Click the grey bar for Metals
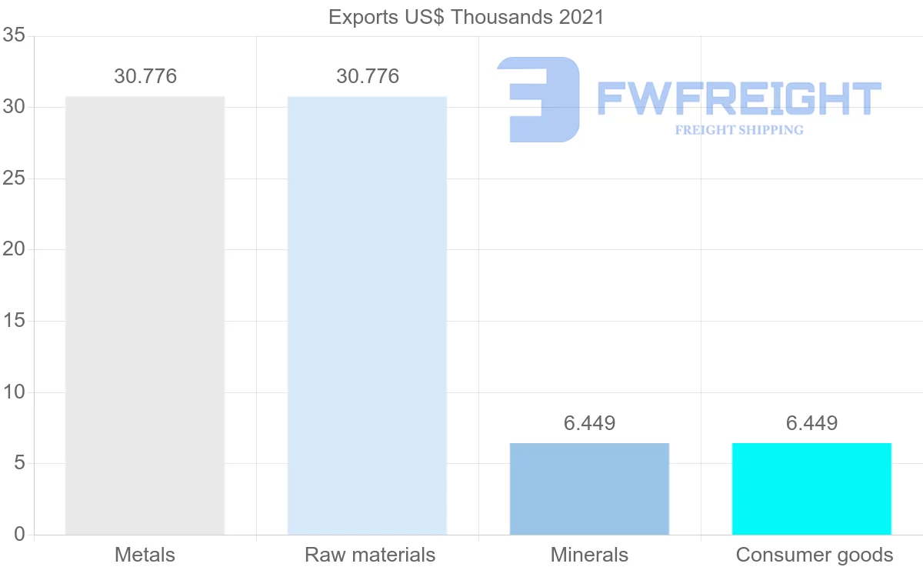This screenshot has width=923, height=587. (x=145, y=315)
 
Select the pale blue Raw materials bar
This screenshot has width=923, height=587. (x=367, y=315)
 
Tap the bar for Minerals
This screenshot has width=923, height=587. (x=589, y=489)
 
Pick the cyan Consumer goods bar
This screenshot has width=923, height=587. (x=811, y=489)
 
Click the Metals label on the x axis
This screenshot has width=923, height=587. (x=145, y=555)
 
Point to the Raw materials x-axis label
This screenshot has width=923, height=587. (x=370, y=555)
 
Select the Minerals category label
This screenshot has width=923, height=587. (x=589, y=555)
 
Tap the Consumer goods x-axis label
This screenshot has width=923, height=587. (x=815, y=555)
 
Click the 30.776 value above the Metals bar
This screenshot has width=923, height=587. (x=145, y=77)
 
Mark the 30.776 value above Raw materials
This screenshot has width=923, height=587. (x=368, y=77)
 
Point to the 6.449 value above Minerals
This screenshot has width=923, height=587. (x=589, y=423)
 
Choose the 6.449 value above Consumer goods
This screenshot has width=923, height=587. (x=811, y=423)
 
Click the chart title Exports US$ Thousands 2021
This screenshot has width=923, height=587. (x=466, y=17)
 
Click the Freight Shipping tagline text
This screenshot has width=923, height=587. (x=739, y=130)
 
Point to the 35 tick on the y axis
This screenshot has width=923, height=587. (x=14, y=36)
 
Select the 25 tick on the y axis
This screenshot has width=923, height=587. (x=14, y=178)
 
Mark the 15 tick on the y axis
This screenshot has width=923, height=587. (x=14, y=321)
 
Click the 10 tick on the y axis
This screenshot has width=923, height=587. (x=14, y=392)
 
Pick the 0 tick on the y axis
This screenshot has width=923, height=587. (x=19, y=535)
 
